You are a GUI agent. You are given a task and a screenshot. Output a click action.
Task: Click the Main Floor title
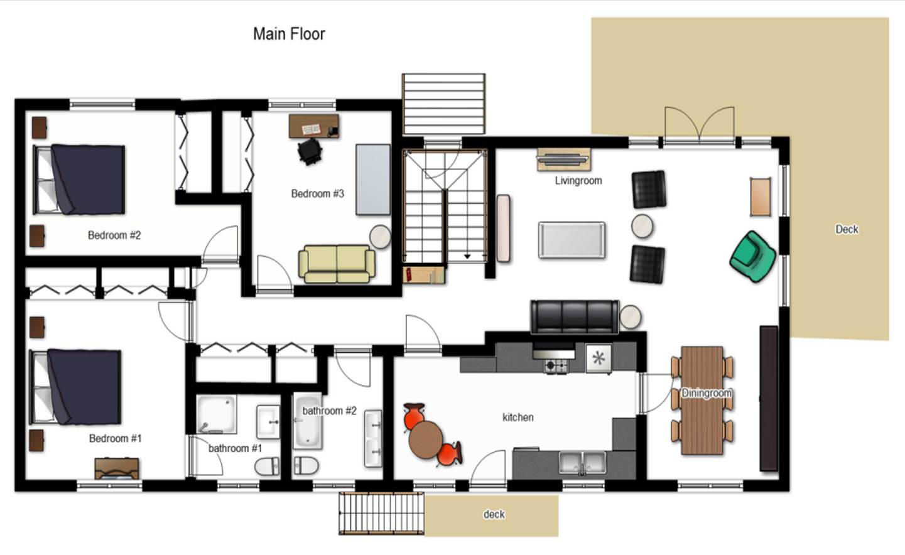pos(289,34)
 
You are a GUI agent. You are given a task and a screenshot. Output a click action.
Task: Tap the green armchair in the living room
pos(752,257)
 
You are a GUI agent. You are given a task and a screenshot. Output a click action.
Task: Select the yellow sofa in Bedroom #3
pos(337,264)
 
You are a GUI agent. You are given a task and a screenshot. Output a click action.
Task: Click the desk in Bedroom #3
pos(314,126)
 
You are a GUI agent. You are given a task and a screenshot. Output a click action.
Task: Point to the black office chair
pos(310,151)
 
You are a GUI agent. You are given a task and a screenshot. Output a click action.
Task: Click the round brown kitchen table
pos(425,439)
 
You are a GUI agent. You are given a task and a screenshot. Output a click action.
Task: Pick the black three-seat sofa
pos(575,317)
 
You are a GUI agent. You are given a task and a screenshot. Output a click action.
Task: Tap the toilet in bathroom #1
pos(267,466)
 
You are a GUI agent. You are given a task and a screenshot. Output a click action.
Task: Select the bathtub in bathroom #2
pos(308,421)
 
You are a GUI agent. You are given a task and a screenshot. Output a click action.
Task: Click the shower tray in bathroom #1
pos(217,414)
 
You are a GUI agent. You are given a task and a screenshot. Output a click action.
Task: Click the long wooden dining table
pos(702,401)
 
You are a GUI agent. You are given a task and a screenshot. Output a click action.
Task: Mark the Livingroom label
pos(578,181)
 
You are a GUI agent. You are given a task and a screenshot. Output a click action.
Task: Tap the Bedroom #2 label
pos(114,235)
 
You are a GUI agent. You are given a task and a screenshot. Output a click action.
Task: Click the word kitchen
pos(518,418)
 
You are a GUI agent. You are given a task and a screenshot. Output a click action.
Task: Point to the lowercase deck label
pos(494,514)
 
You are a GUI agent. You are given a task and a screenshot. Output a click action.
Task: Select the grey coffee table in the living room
pos(572,240)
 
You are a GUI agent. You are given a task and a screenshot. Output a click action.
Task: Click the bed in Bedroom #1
pos(75,387)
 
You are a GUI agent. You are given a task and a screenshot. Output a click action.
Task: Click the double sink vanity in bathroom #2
pos(373,439)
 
